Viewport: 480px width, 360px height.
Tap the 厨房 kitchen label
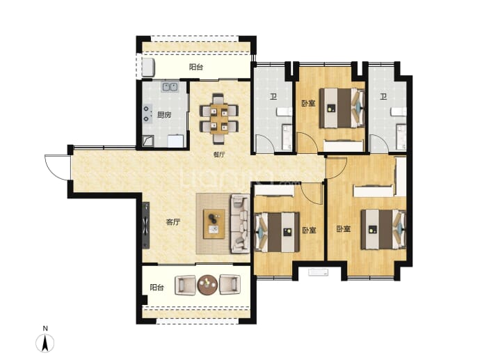click(164, 115)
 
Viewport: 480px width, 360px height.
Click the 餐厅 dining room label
click(219, 155)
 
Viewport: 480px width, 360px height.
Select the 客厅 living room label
click(173, 222)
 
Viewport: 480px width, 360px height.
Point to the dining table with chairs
click(219, 118)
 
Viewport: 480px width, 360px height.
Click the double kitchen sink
click(170, 87)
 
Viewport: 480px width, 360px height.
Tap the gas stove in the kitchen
click(147, 114)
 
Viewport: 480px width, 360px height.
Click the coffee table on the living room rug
click(214, 224)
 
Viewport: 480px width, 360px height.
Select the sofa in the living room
click(240, 224)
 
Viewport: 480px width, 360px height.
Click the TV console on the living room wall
click(146, 225)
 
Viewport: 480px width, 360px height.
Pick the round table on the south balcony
click(207, 285)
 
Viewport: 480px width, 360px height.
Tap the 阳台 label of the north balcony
click(196, 67)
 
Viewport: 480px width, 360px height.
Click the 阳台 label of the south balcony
click(157, 288)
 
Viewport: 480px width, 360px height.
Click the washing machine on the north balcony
click(149, 68)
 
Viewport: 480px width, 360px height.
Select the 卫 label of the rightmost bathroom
click(383, 97)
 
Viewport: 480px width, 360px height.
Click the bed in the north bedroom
click(342, 108)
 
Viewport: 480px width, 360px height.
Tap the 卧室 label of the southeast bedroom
click(344, 229)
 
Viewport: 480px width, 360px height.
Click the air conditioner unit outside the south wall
click(319, 272)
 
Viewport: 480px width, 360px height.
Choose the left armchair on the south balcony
click(185, 285)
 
